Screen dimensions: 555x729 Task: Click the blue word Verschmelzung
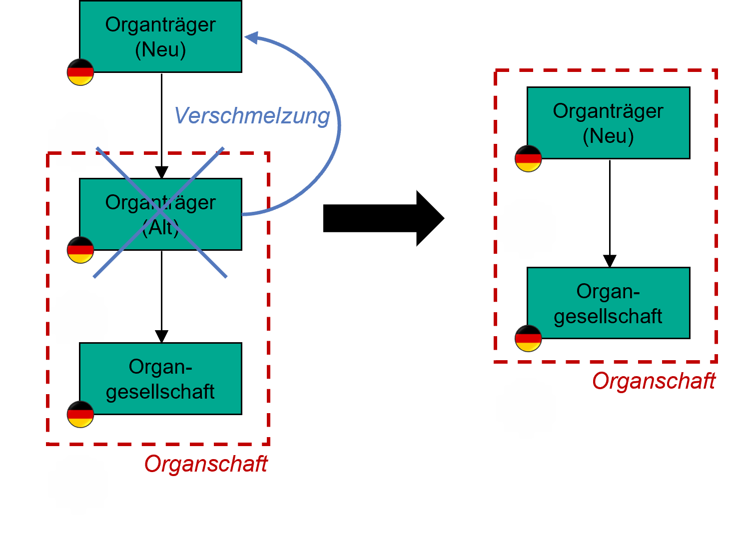252,115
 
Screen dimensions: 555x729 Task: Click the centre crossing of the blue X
160,213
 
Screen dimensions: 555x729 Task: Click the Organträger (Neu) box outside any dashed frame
160,36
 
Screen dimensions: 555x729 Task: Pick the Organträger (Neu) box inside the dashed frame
608,123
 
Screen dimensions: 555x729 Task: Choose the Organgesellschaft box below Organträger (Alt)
160,379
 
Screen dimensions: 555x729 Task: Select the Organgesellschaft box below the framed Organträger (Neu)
608,303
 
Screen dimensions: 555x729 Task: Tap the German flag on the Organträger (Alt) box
80,250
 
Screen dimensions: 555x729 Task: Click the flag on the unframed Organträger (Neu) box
80,72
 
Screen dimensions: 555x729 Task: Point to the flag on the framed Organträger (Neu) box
528,158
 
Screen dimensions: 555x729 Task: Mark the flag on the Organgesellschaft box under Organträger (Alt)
80,414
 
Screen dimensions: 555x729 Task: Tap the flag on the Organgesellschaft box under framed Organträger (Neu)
528,338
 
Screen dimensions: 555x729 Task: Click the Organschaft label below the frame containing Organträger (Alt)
206,464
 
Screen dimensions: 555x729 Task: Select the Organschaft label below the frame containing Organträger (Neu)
654,381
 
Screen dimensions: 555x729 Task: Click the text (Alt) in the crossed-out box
160,228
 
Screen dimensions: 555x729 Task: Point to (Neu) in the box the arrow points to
160,49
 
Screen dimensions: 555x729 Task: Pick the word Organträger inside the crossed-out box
160,203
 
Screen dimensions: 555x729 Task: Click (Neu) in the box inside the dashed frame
608,136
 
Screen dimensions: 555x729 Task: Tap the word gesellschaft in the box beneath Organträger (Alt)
160,392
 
